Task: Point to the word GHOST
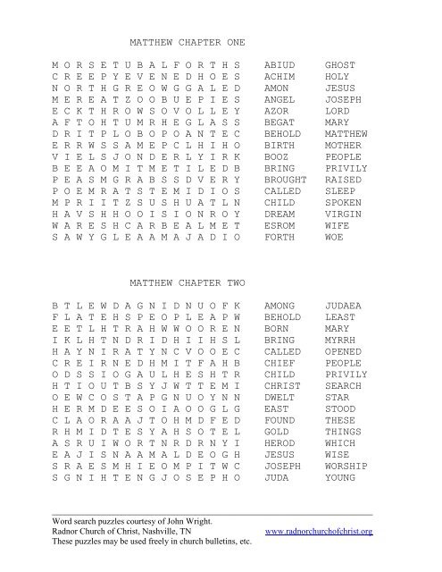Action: point(338,65)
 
